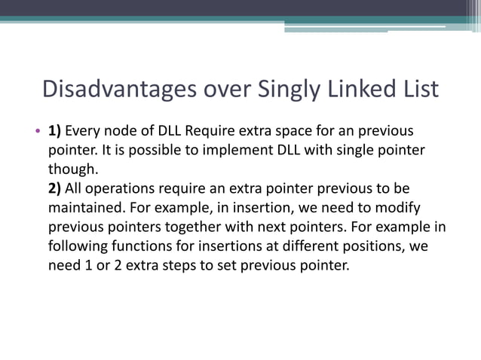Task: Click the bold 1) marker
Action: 55,130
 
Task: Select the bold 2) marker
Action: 55,188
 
